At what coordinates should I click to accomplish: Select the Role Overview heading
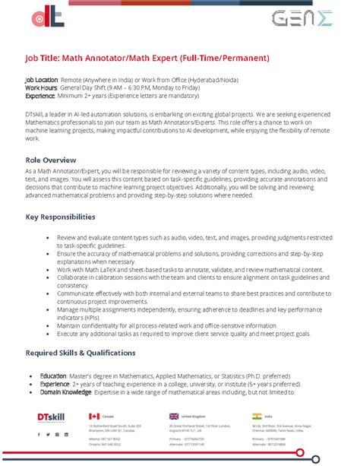[51, 160]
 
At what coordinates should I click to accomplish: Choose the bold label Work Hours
[40, 87]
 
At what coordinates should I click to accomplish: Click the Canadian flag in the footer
[94, 417]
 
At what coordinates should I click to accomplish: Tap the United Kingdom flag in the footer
[174, 417]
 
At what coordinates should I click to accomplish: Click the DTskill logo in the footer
[51, 417]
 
